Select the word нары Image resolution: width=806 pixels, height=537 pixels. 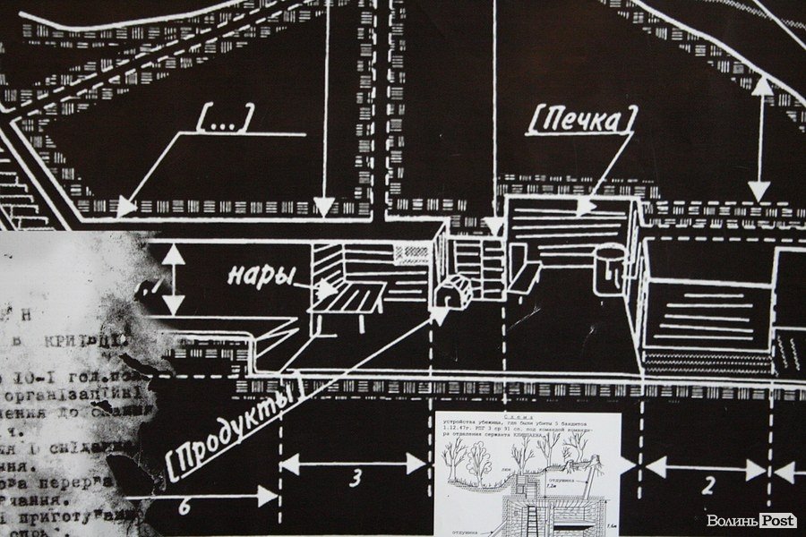tap(262, 273)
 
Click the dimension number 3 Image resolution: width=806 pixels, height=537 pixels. tap(355, 477)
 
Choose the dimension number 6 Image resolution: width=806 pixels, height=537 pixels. tap(184, 506)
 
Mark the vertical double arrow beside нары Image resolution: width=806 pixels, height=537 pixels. tap(174, 279)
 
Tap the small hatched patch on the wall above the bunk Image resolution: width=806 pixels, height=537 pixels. tap(413, 252)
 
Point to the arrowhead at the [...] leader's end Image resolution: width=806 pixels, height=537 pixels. tap(126, 207)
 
